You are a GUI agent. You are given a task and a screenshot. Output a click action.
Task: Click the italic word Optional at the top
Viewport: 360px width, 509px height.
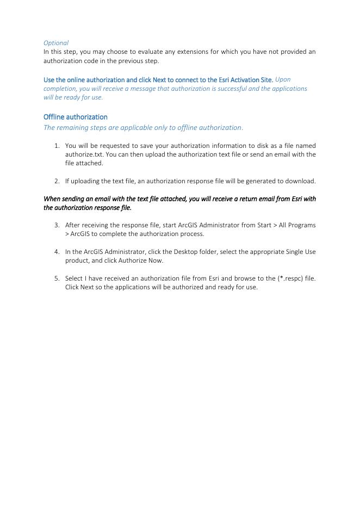click(x=56, y=42)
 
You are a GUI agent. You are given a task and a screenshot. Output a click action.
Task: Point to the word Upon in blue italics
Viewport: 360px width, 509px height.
click(x=283, y=79)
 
